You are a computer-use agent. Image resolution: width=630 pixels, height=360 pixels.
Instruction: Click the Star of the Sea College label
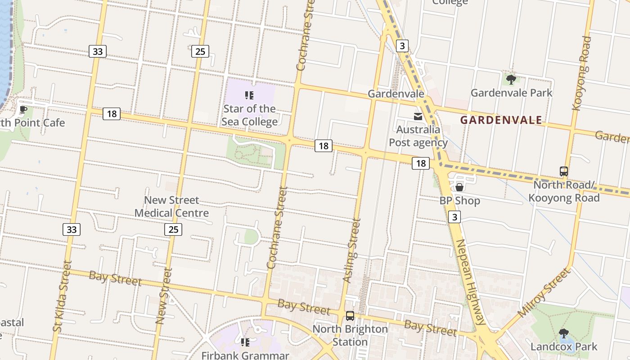pyautogui.click(x=249, y=115)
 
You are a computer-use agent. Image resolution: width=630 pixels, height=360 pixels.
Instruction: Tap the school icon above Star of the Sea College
pyautogui.click(x=249, y=95)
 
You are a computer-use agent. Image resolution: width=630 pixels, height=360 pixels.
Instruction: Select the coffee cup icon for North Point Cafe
pyautogui.click(x=23, y=109)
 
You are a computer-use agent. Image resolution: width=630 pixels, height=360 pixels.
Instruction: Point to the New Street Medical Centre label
pyautogui.click(x=171, y=207)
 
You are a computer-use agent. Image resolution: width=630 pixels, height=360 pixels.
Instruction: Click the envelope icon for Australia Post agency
pyautogui.click(x=418, y=117)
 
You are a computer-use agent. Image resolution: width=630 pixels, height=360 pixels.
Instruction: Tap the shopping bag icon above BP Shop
pyautogui.click(x=459, y=187)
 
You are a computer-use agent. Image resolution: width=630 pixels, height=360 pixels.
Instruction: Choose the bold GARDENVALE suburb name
pyautogui.click(x=501, y=120)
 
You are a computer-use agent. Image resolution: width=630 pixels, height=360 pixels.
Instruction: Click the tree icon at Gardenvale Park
pyautogui.click(x=511, y=80)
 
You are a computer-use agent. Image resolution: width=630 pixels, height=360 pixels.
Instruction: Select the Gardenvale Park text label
pyautogui.click(x=511, y=93)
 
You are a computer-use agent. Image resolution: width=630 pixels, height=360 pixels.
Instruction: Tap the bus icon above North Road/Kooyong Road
pyautogui.click(x=563, y=171)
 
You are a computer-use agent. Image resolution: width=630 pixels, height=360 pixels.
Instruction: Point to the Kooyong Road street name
pyautogui.click(x=581, y=73)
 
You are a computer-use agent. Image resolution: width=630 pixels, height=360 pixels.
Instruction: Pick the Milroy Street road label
pyautogui.click(x=544, y=293)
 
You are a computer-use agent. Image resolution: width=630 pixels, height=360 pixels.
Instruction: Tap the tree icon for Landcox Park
pyautogui.click(x=563, y=333)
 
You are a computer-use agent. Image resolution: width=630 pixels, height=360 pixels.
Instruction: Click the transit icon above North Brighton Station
pyautogui.click(x=350, y=316)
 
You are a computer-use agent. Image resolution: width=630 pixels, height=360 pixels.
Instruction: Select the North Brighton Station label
pyautogui.click(x=350, y=335)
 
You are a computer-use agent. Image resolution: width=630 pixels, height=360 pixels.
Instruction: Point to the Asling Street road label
pyautogui.click(x=351, y=251)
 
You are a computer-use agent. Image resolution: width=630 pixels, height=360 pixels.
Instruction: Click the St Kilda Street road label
pyautogui.click(x=62, y=296)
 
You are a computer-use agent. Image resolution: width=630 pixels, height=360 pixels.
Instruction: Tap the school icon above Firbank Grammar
pyautogui.click(x=245, y=343)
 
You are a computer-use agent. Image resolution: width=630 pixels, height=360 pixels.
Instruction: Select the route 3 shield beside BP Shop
pyautogui.click(x=454, y=217)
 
